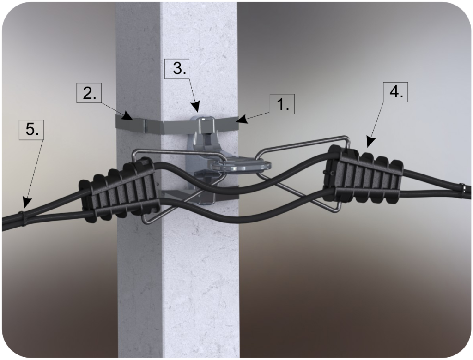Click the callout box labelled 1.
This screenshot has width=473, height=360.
coord(282,104)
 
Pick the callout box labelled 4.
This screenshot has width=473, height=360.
coord(396,92)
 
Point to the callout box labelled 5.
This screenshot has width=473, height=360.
coord(31,130)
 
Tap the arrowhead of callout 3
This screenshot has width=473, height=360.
coord(196,108)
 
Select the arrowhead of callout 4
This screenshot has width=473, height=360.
coord(370,143)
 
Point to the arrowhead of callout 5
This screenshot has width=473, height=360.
coord(26,202)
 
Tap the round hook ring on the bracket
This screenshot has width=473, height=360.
coord(241,166)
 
